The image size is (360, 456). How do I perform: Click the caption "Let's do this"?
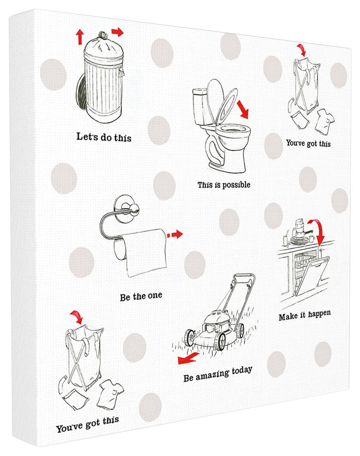104,137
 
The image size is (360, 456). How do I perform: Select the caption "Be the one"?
141,297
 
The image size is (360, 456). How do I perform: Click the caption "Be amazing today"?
218,374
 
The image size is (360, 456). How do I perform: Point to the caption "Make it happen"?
304,315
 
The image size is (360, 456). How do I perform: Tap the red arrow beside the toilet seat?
243,109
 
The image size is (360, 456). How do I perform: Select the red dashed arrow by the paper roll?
175,234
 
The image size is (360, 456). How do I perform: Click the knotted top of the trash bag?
103,35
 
